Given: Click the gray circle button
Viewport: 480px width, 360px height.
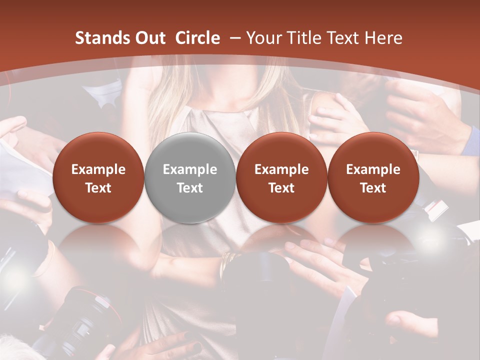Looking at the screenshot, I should [x=190, y=178].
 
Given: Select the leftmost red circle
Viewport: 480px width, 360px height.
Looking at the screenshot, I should [x=98, y=178].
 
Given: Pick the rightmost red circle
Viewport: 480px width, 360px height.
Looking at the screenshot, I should [x=373, y=178].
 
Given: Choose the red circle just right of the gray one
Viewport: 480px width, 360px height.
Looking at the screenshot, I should [x=281, y=178].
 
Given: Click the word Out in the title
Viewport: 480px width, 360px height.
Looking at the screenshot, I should [x=148, y=38].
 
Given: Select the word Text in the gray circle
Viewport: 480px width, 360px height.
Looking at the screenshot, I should [x=190, y=188].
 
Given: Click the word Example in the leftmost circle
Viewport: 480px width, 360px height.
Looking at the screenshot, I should [x=98, y=169].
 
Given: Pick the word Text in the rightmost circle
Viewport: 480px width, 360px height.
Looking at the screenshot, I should [x=373, y=188].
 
